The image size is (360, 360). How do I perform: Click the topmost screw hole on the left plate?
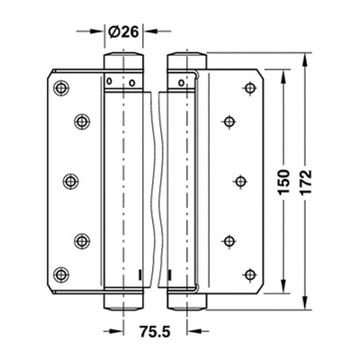pos(60,87)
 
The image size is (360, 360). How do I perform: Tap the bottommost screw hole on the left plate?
pos(60,273)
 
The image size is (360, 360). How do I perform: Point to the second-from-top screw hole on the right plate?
pos(227,120)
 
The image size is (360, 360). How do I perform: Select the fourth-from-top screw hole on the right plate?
pos(227,240)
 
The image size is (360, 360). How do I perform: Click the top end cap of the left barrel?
pos(123,63)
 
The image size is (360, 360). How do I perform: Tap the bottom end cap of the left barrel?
pos(123,298)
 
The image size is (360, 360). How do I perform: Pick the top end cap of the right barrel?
pos(186,63)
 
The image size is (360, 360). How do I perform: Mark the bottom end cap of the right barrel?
pos(186,298)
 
